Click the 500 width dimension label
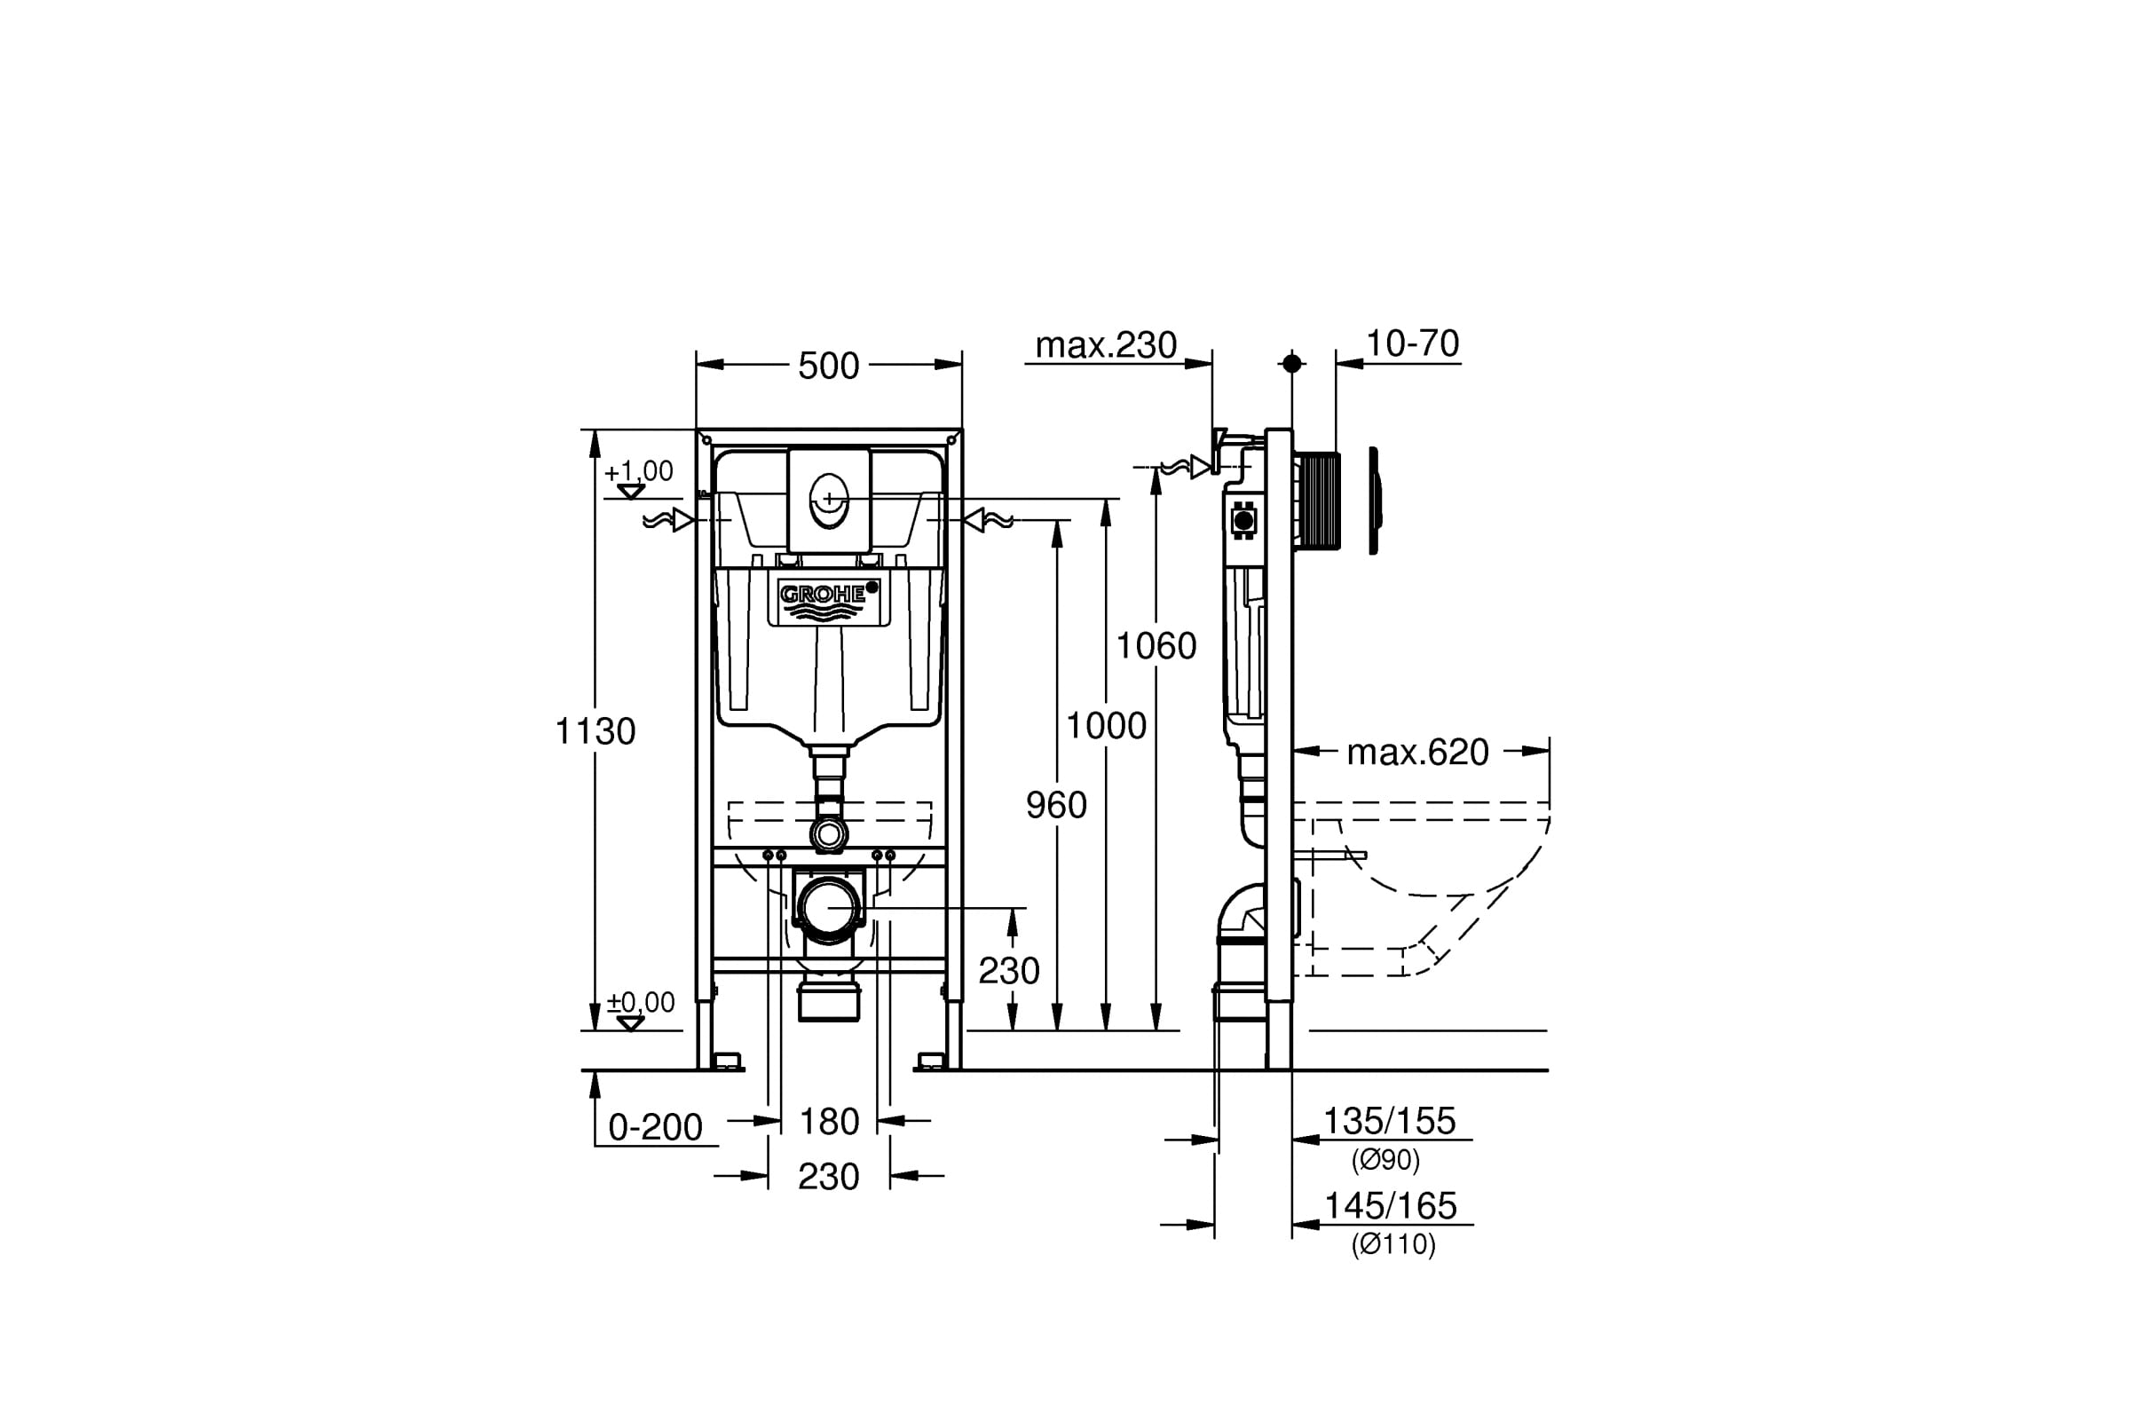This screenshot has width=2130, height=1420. click(x=828, y=366)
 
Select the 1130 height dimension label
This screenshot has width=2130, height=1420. click(x=595, y=730)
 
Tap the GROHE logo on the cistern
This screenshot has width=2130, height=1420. click(x=824, y=595)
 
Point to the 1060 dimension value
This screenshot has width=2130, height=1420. click(x=1156, y=646)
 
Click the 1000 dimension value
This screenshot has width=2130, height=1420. click(x=1106, y=725)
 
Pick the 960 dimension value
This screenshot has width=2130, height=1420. click(x=1056, y=805)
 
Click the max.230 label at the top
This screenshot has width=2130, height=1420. click(x=1106, y=345)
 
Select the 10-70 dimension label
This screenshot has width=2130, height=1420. click(x=1412, y=343)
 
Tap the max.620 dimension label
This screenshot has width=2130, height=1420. click(x=1417, y=752)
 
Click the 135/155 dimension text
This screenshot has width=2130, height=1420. click(x=1389, y=1121)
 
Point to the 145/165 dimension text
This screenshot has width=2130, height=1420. click(x=1390, y=1206)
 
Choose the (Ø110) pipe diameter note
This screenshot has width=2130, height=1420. click(x=1392, y=1244)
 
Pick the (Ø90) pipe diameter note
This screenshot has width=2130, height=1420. click(x=1385, y=1159)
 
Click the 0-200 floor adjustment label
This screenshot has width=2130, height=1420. click(x=655, y=1127)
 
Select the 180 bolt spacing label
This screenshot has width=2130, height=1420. click(x=829, y=1122)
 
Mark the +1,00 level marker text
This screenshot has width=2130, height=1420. click(x=638, y=471)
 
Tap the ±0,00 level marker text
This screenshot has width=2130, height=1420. click(x=640, y=1003)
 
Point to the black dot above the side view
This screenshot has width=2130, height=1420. click(x=1292, y=363)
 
